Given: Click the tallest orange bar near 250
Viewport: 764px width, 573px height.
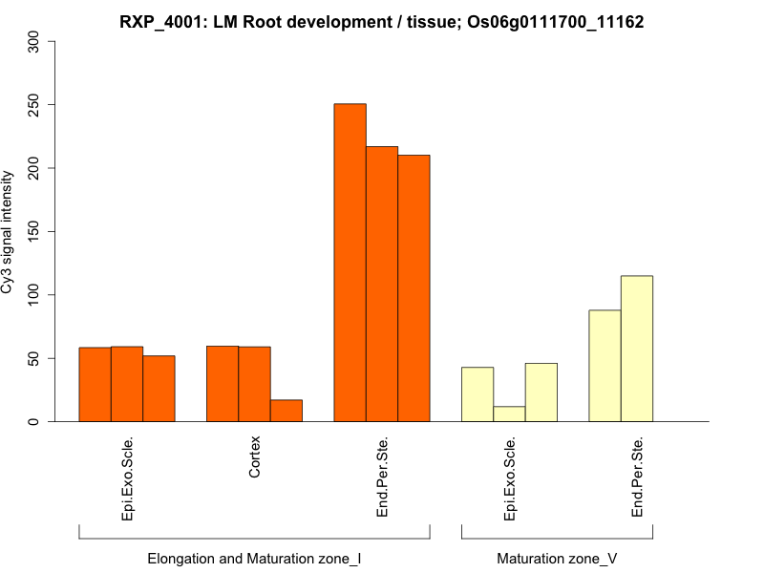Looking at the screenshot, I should click(350, 263).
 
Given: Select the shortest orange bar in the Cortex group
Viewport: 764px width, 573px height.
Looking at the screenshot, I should click(286, 411).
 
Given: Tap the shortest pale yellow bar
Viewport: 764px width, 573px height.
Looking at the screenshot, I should click(509, 414).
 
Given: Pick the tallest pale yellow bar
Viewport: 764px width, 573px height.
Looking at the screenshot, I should click(637, 349).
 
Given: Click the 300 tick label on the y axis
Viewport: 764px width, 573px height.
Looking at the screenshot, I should click(35, 41).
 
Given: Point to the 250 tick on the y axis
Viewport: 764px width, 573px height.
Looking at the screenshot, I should click(35, 104).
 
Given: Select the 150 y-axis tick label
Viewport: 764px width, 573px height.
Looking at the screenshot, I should click(35, 231).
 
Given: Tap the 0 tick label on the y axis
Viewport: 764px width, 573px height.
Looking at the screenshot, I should click(35, 421).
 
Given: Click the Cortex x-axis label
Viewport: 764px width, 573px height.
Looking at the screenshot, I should click(254, 458).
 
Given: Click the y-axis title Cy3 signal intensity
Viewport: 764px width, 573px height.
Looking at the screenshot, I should click(9, 231).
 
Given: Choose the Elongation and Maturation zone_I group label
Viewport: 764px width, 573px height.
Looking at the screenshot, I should click(254, 558).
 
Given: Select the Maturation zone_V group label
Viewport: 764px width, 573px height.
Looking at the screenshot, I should click(557, 558).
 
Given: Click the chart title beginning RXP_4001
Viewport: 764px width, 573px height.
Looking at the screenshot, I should click(382, 21).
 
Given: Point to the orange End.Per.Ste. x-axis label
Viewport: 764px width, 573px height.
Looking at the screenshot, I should click(382, 477).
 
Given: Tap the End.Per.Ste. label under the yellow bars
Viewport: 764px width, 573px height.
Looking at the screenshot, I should click(637, 477).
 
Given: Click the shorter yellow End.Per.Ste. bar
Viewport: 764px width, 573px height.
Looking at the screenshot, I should click(605, 366).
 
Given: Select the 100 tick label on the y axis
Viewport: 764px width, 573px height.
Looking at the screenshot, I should click(35, 294).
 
